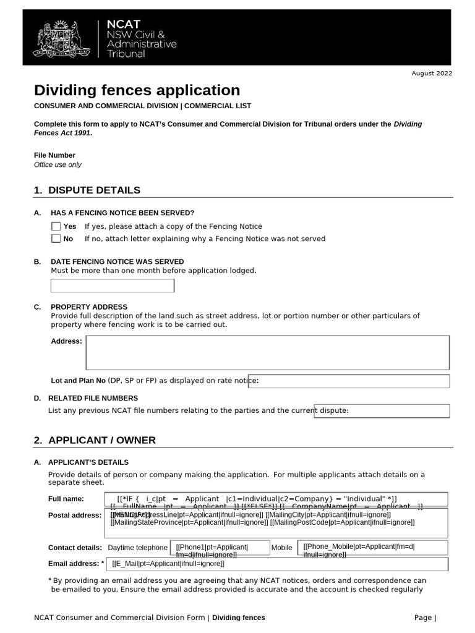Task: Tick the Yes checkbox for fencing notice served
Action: (56, 226)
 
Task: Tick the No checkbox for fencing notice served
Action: (56, 239)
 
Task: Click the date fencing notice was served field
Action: (112, 286)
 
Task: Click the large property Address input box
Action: (268, 353)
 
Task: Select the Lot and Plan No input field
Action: (349, 381)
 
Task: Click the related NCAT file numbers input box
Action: (382, 411)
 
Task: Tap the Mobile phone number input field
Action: (373, 548)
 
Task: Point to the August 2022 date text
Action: (432, 74)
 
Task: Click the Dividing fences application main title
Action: (137, 90)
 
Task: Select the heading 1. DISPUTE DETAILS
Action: (87, 190)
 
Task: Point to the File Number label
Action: (54, 155)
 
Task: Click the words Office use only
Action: (58, 165)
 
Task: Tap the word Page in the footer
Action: (423, 618)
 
